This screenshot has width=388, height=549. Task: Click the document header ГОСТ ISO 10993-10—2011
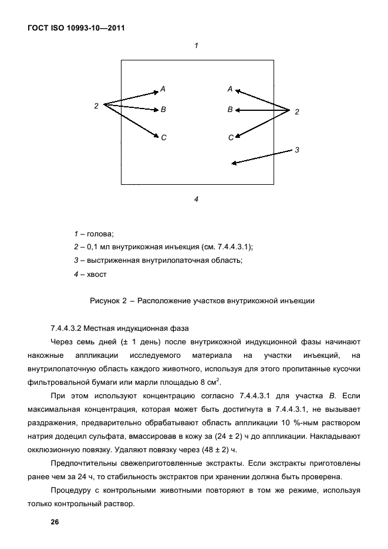point(76,28)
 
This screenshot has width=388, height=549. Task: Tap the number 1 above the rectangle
point(196,45)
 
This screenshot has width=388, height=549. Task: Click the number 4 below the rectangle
point(196,199)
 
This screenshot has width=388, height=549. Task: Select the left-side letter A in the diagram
point(163,89)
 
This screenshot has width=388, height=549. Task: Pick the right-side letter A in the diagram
point(230,89)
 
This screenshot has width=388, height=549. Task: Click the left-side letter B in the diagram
point(163,110)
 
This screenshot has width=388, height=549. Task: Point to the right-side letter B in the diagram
point(230,110)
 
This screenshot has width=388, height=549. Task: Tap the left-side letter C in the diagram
point(164,137)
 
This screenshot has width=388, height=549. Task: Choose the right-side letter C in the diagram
point(231,137)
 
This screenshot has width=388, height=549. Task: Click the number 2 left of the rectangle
point(96,106)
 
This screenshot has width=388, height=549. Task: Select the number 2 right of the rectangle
point(297,111)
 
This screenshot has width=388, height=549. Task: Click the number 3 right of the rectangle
point(297,150)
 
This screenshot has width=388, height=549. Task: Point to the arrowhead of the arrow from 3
point(234,164)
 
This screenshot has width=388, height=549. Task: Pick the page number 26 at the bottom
point(55,522)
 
